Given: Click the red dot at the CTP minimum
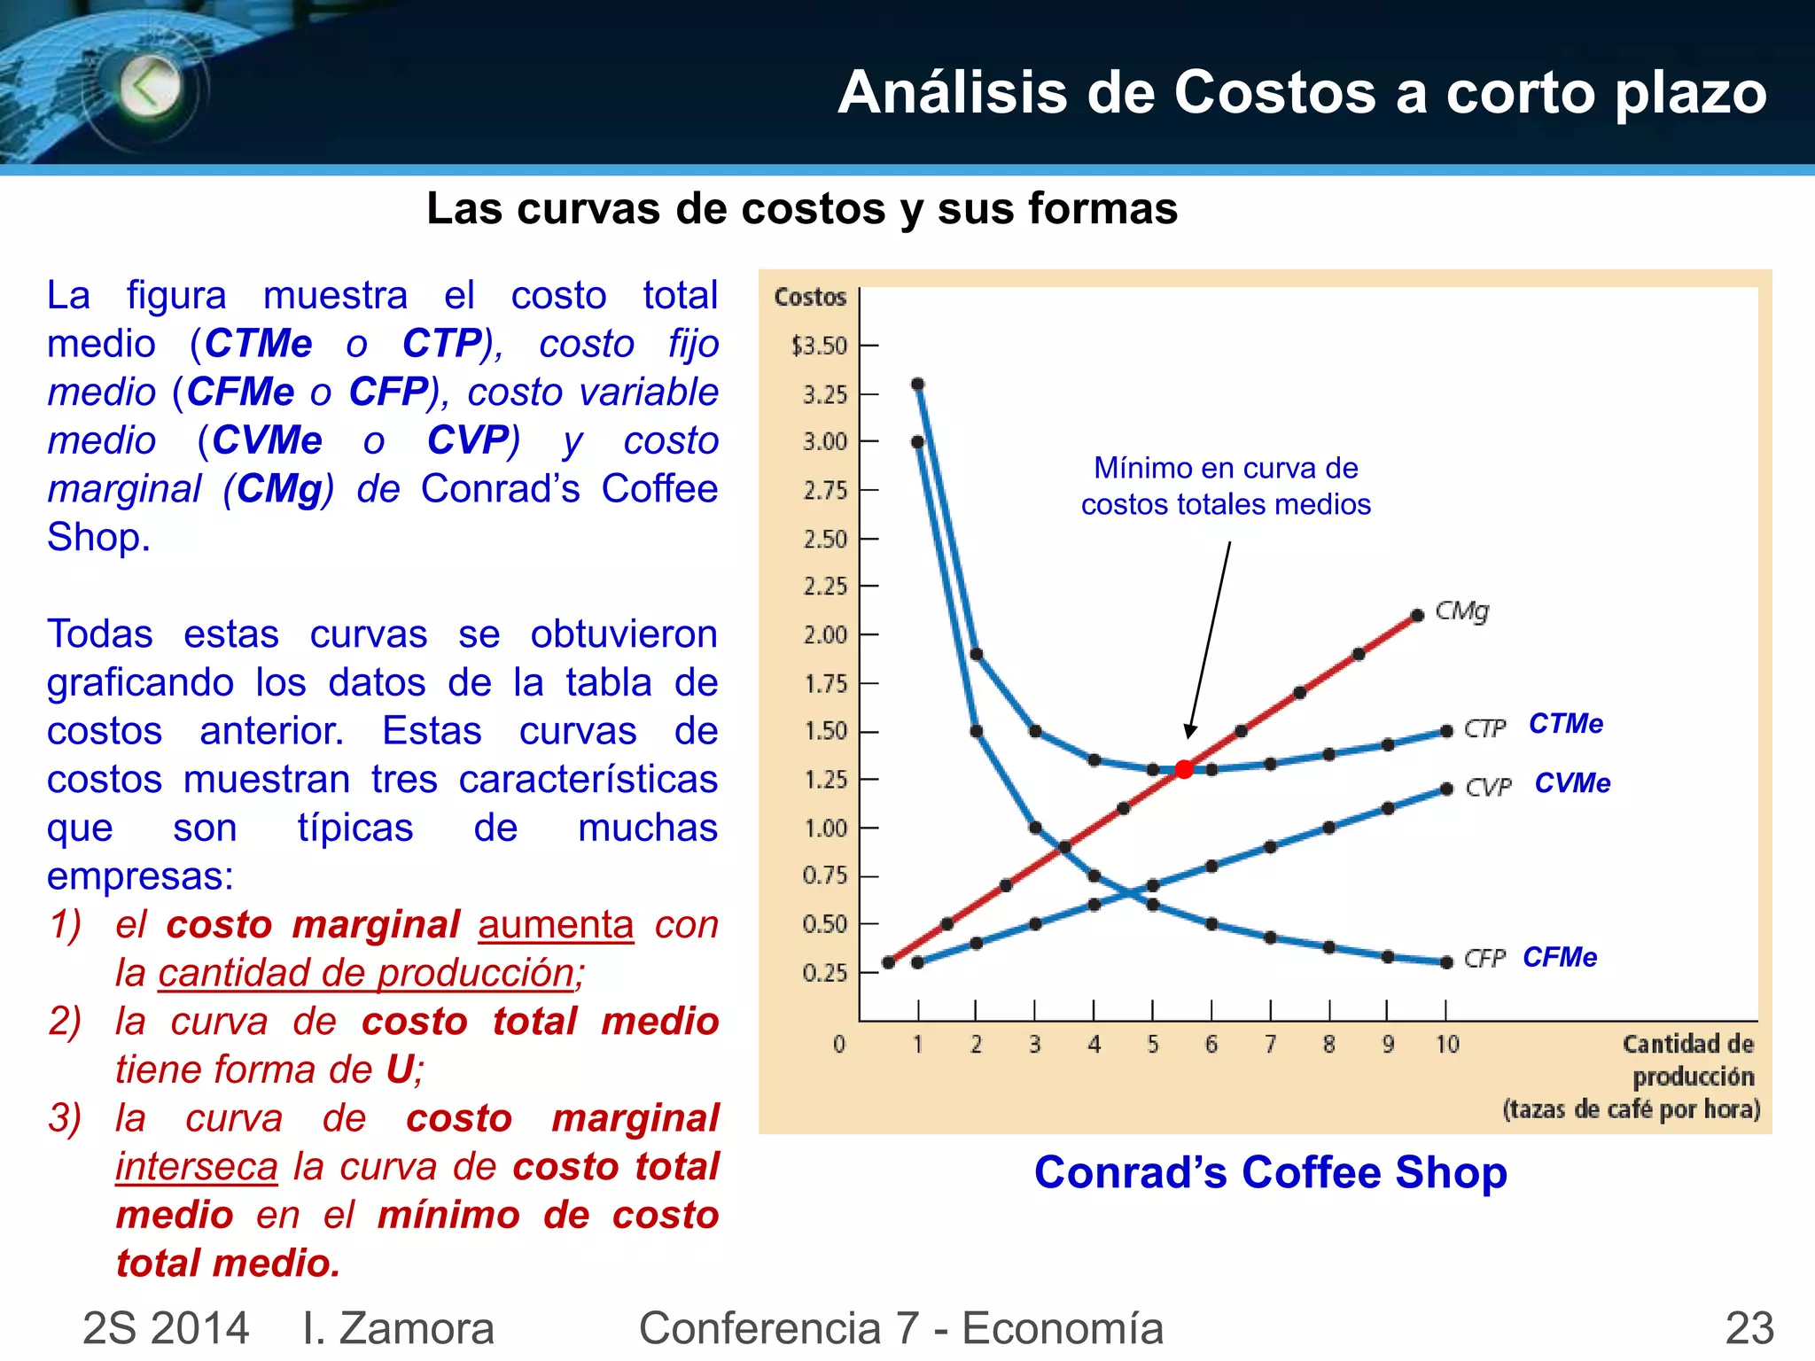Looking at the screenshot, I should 1184,769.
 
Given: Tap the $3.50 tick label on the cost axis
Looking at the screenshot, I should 820,346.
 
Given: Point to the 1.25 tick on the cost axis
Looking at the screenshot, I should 825,780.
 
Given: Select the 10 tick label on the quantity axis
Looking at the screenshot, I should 1447,1045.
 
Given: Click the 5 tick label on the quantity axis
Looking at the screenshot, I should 1152,1045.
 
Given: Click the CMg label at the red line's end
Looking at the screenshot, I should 1462,611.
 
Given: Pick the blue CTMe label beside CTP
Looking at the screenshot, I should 1566,724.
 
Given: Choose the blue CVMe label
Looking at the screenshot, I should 1572,783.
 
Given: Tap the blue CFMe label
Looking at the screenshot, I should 1560,957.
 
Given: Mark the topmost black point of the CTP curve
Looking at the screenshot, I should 918,384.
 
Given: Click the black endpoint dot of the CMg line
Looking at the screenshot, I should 1417,614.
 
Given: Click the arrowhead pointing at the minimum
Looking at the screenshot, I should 1189,732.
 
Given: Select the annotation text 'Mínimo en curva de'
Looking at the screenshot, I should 1226,468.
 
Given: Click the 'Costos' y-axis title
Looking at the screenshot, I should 810,297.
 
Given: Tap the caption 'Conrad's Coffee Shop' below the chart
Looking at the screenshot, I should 1270,1172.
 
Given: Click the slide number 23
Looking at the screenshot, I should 1749,1327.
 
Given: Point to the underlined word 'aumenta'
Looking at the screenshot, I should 556,925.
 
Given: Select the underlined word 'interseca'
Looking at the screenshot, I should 197,1167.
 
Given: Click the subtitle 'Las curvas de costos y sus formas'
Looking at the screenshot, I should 802,209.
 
